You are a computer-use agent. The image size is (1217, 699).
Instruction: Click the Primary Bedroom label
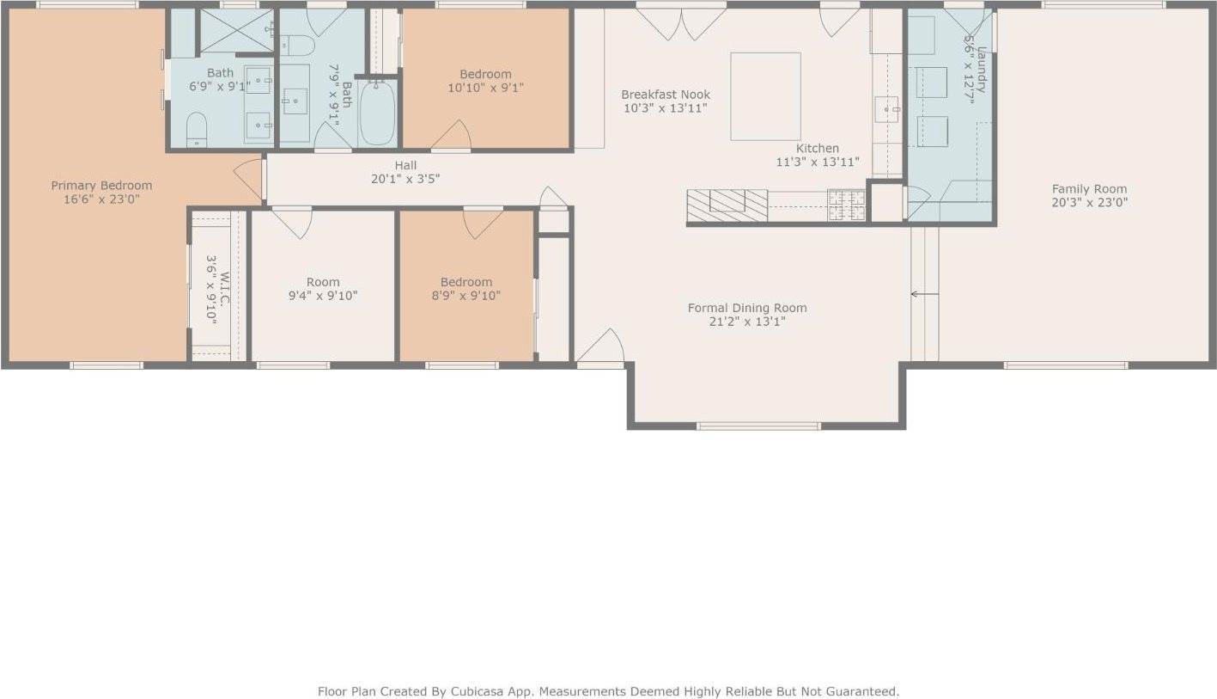(101, 186)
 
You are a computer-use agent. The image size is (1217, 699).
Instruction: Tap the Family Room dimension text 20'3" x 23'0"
(1089, 203)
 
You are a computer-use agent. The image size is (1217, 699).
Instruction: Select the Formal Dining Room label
(747, 308)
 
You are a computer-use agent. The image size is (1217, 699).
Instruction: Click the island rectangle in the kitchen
(765, 96)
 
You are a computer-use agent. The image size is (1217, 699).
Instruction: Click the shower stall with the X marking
(236, 31)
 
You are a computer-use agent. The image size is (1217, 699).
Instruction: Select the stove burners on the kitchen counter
(846, 205)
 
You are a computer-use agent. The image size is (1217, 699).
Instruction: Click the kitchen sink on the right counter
(886, 109)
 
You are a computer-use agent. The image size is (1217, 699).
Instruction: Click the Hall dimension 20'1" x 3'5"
(405, 179)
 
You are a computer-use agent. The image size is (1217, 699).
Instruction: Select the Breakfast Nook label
(666, 95)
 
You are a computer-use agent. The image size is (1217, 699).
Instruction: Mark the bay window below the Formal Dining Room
(758, 426)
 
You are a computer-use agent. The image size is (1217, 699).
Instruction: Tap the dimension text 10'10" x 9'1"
(485, 88)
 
